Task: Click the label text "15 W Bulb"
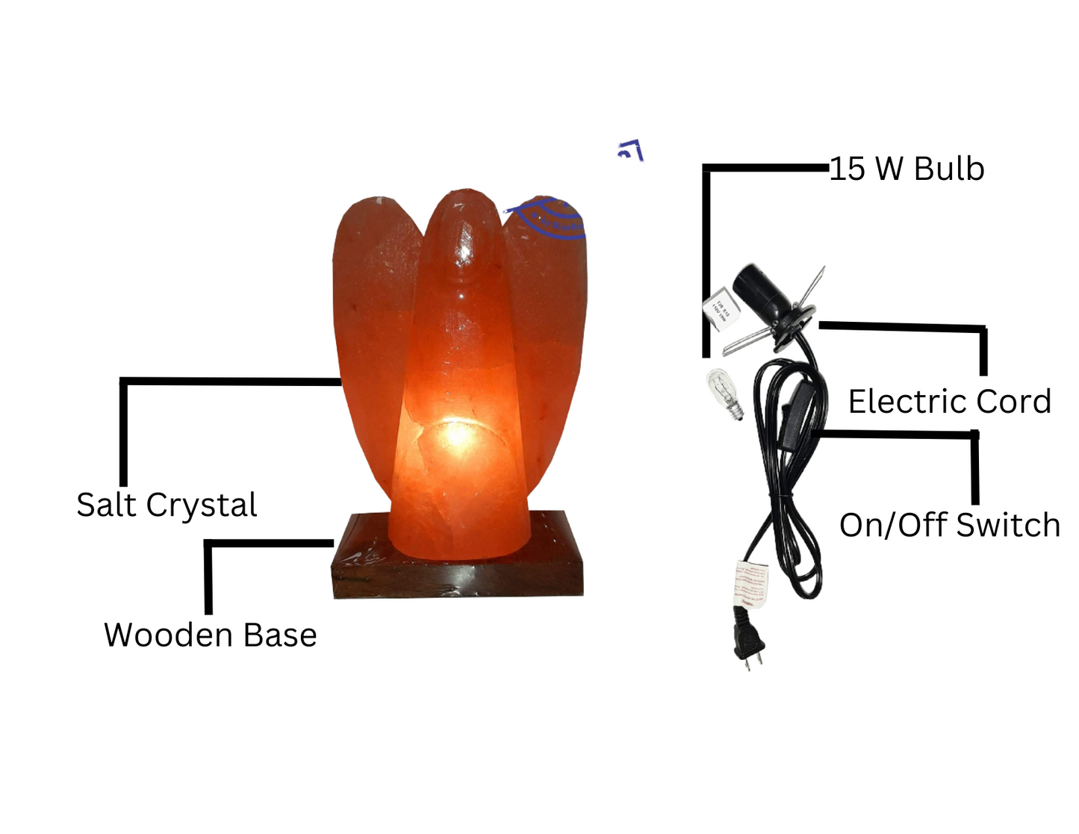(x=907, y=169)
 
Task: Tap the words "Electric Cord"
(x=949, y=402)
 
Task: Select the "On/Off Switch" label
(x=949, y=526)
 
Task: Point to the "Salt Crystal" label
(x=167, y=505)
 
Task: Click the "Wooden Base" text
(x=210, y=635)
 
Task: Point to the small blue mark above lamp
(x=630, y=151)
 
